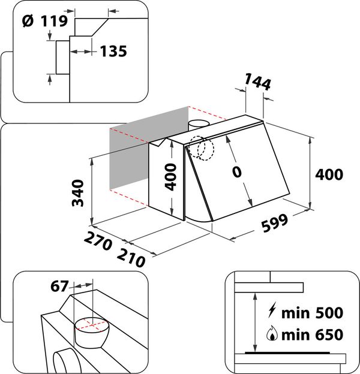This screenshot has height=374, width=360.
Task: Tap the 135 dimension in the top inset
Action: (x=113, y=52)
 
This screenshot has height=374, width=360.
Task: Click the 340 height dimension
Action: (x=77, y=193)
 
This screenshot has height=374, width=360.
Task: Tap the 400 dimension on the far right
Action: (x=329, y=174)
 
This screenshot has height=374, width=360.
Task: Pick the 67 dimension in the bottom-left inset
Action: (x=59, y=286)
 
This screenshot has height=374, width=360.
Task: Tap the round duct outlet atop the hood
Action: (x=197, y=125)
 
